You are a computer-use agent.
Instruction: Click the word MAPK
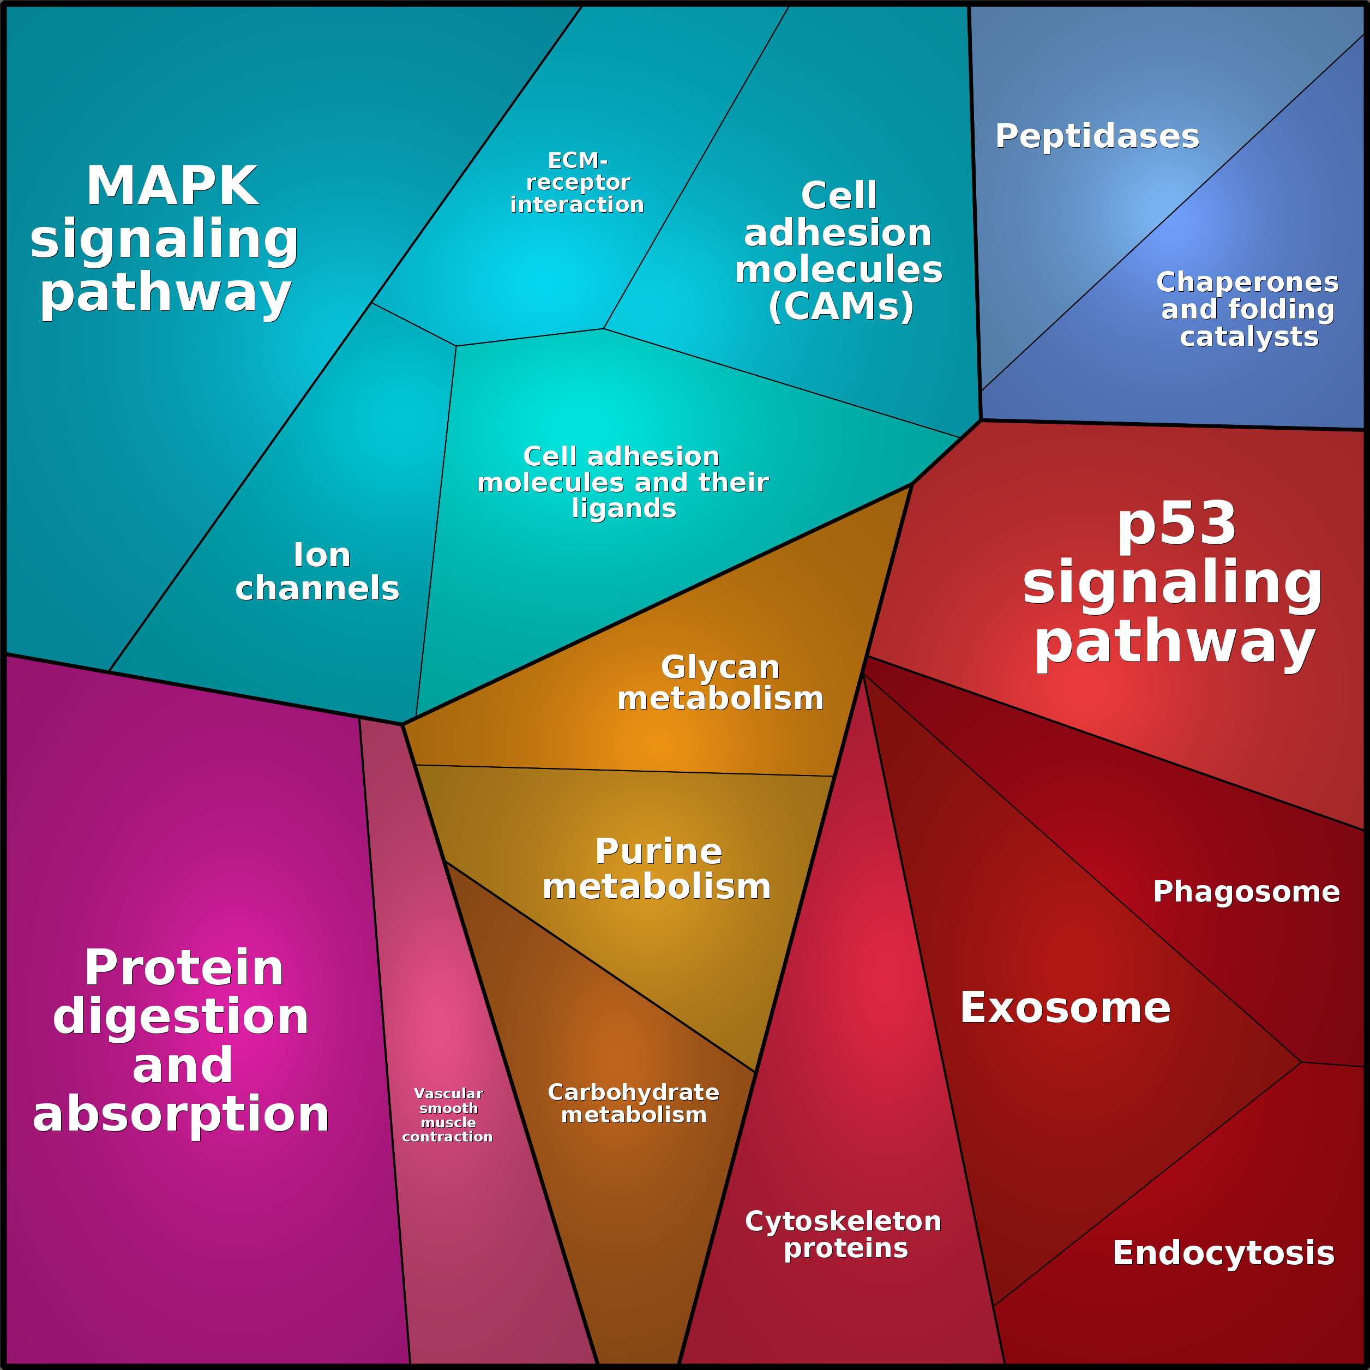pyautogui.click(x=172, y=187)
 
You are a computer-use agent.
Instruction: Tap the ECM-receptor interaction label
pyautogui.click(x=577, y=183)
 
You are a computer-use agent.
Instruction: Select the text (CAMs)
pyautogui.click(x=841, y=307)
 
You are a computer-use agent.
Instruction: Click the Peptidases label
pyautogui.click(x=1097, y=136)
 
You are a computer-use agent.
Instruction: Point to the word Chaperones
pyautogui.click(x=1247, y=282)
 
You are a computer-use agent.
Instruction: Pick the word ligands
pyautogui.click(x=624, y=508)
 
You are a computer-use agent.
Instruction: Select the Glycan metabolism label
pyautogui.click(x=720, y=682)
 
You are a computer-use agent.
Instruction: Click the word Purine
pyautogui.click(x=658, y=852)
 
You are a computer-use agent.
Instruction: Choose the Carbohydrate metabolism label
pyautogui.click(x=633, y=1103)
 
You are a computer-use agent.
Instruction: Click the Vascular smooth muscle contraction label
pyautogui.click(x=447, y=1115)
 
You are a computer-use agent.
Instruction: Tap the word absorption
pyautogui.click(x=181, y=1114)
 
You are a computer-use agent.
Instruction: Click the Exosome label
pyautogui.click(x=1065, y=1008)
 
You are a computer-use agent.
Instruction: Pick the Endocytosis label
pyautogui.click(x=1223, y=1253)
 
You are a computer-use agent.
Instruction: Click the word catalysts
pyautogui.click(x=1249, y=337)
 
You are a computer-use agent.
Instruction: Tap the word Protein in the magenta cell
pyautogui.click(x=184, y=968)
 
